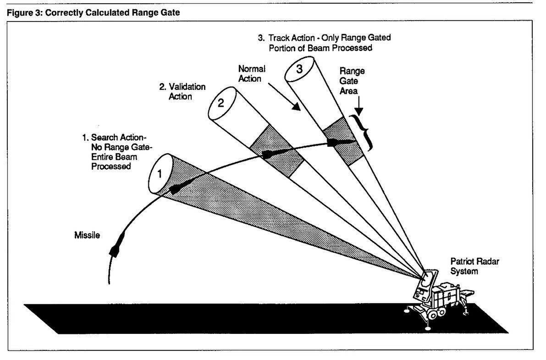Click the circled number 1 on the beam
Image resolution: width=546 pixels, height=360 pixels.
pos(160,174)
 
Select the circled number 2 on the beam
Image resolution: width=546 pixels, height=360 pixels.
pos(221,103)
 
